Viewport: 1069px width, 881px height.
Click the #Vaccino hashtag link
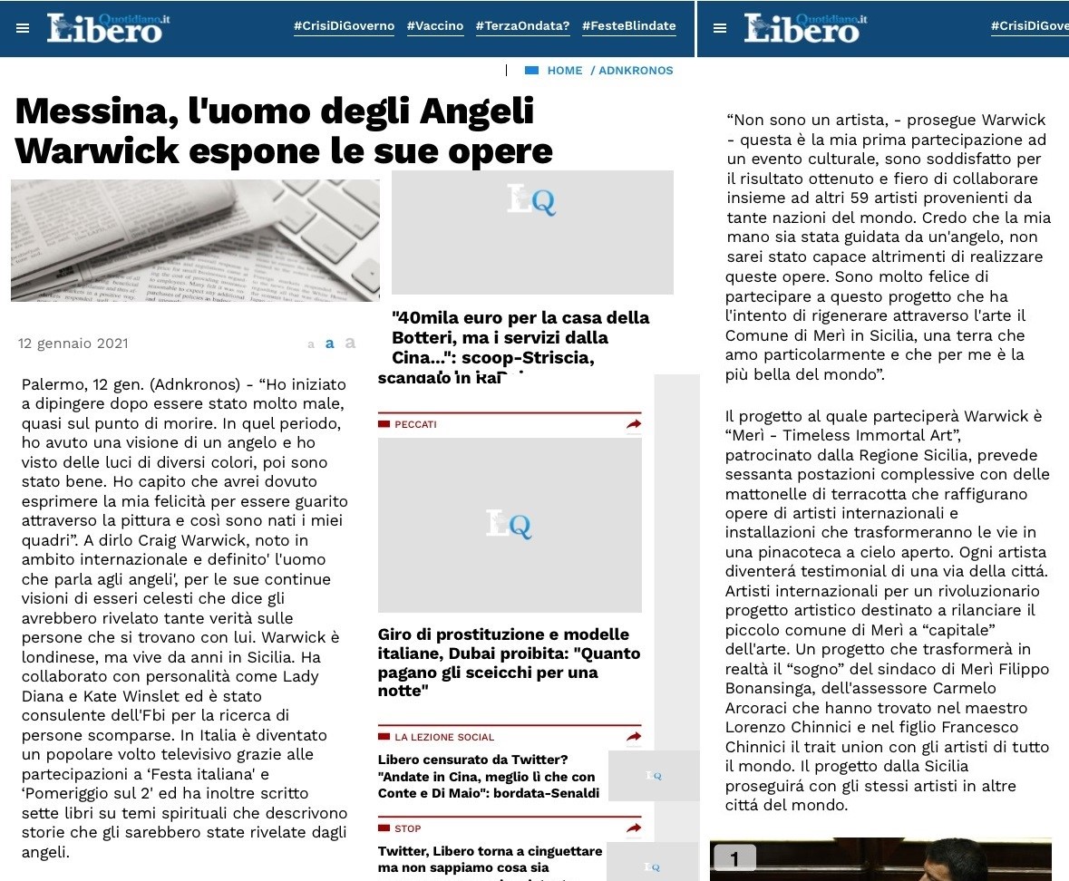(x=435, y=26)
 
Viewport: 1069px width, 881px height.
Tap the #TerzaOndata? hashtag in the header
(x=522, y=26)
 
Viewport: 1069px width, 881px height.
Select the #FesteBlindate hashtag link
(x=628, y=26)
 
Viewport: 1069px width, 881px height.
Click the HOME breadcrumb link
(x=564, y=71)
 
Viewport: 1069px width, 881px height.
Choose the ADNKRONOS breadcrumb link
(x=636, y=71)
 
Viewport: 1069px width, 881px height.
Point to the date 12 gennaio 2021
(x=73, y=344)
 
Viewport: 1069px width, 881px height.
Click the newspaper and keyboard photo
(x=195, y=240)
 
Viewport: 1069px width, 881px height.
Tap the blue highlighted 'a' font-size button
(x=330, y=344)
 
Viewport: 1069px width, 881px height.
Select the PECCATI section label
(x=415, y=424)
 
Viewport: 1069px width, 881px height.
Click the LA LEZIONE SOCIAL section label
(x=444, y=738)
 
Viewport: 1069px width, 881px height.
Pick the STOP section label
(x=407, y=828)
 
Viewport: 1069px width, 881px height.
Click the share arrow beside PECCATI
(x=633, y=424)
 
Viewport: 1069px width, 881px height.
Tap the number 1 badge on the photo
(x=734, y=857)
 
